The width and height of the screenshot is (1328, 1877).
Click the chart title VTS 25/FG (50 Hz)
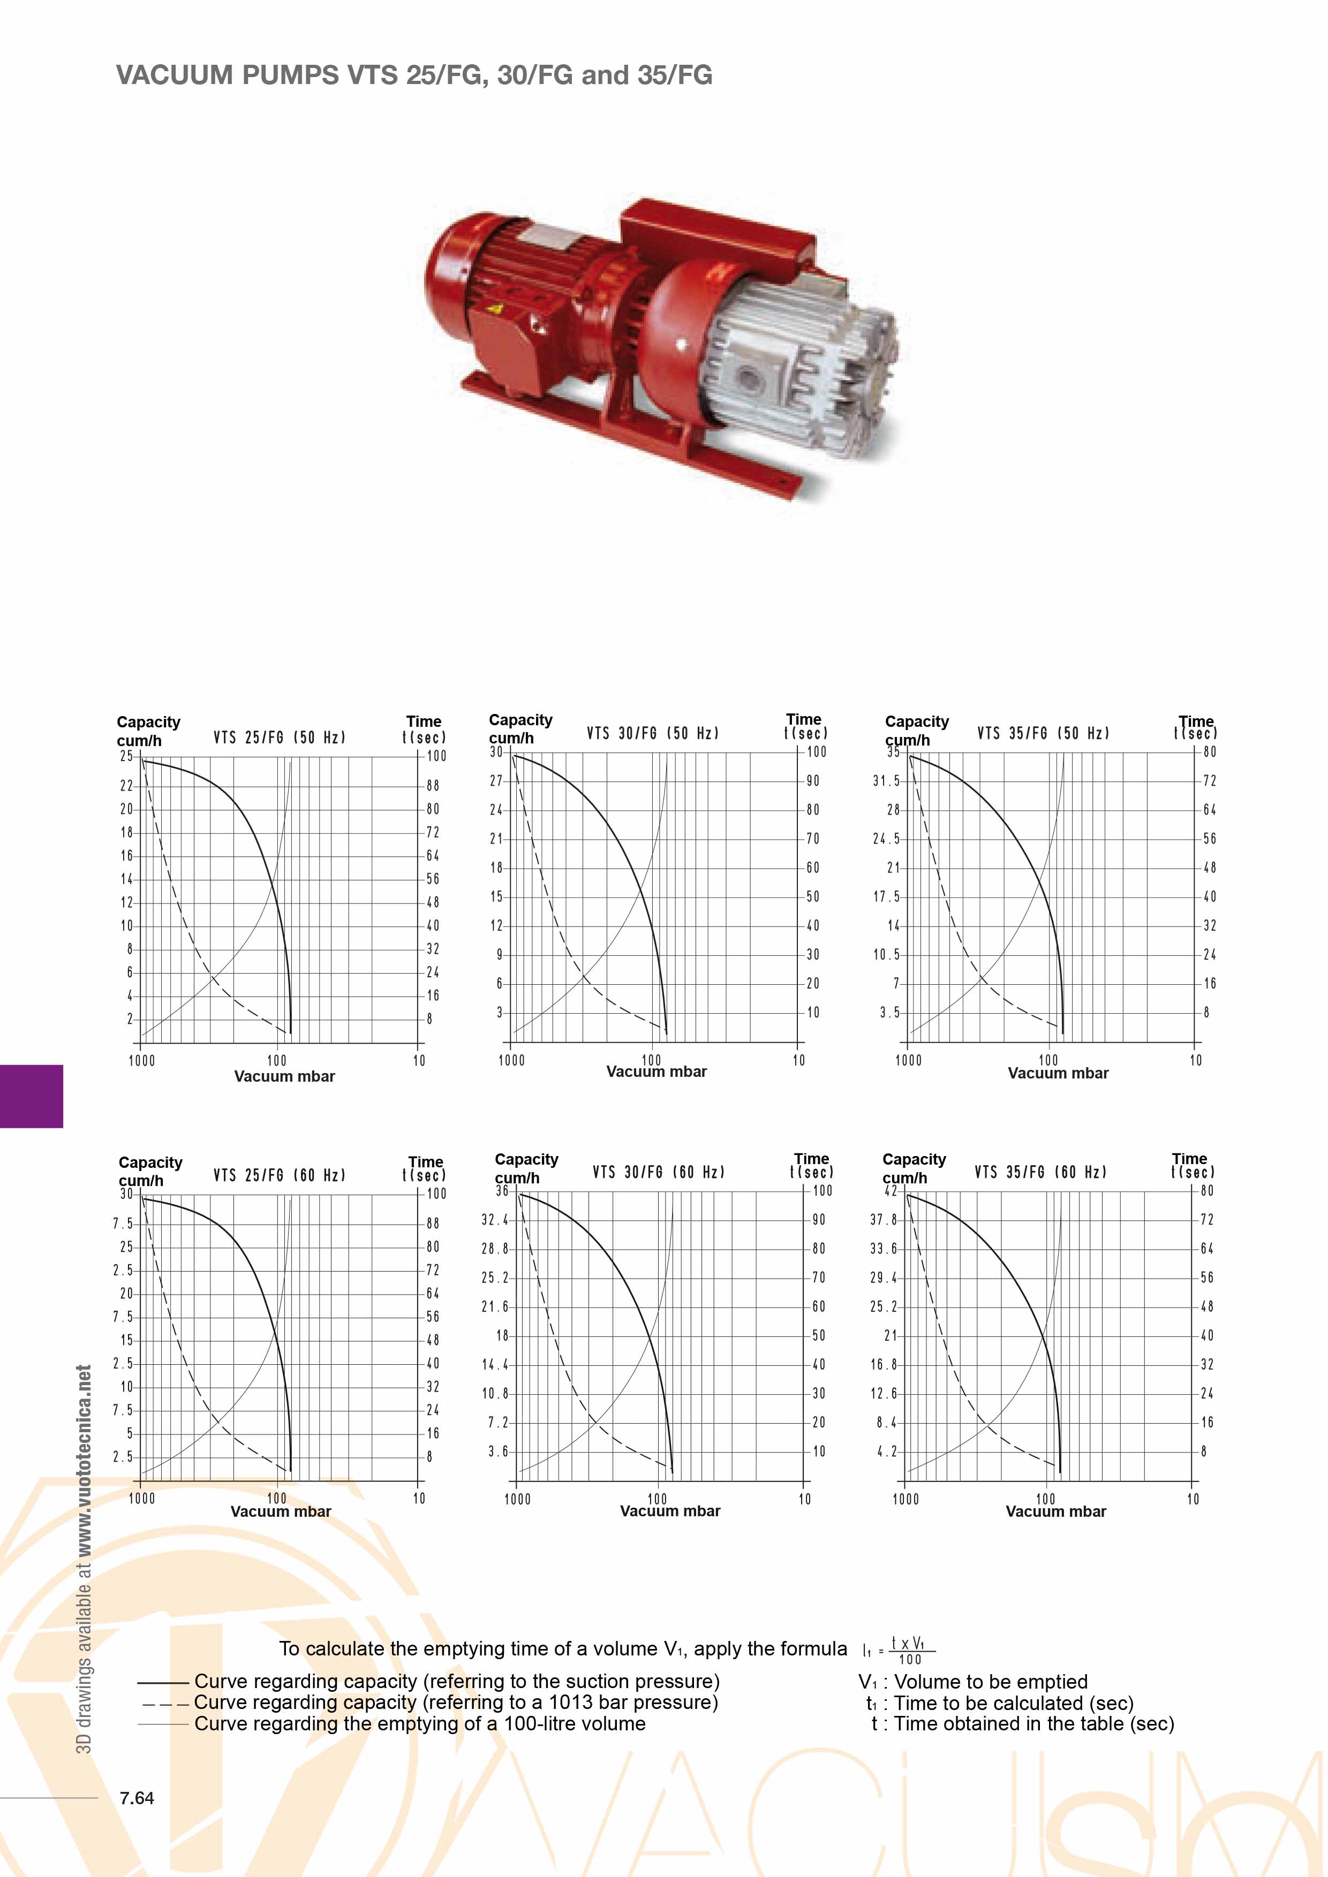point(280,738)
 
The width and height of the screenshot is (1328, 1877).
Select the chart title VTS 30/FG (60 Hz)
point(659,1172)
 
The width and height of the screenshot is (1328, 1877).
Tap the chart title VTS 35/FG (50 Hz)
point(1044,733)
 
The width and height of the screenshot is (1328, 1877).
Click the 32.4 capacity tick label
point(495,1220)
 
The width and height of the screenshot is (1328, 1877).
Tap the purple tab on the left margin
point(31,1096)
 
